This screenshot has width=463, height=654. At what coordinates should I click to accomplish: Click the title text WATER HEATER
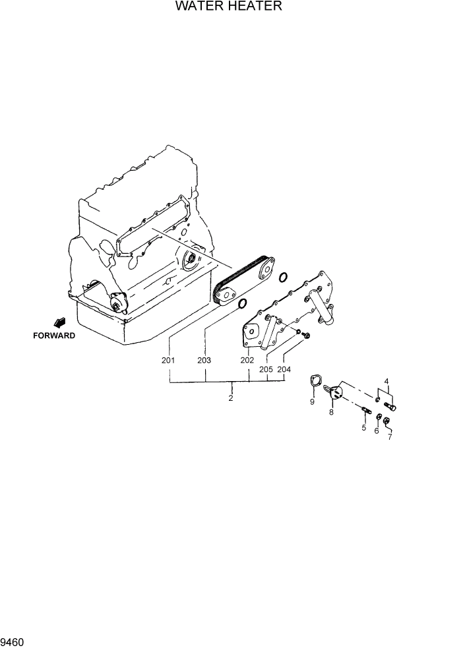229,7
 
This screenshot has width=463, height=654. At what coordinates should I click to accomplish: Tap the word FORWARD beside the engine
54,336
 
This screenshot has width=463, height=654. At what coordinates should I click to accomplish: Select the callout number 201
168,361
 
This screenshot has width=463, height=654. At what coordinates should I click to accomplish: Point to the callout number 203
204,361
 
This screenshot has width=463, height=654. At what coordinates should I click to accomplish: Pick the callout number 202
247,361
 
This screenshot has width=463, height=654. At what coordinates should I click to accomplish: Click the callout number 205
266,370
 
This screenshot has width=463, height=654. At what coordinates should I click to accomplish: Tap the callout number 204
284,370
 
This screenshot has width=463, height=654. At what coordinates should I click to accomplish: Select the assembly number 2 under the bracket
231,398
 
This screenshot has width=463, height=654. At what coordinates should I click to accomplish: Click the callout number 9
312,402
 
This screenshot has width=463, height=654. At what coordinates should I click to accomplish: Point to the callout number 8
331,412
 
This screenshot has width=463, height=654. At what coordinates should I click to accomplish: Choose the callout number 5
363,428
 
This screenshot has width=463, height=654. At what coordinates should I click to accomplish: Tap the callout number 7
390,437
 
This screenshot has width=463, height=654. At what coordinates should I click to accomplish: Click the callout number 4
386,380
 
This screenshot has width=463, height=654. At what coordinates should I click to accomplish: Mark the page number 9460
13,641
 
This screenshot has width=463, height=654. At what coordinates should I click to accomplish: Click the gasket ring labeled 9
316,383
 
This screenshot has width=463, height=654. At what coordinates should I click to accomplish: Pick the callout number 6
377,431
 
